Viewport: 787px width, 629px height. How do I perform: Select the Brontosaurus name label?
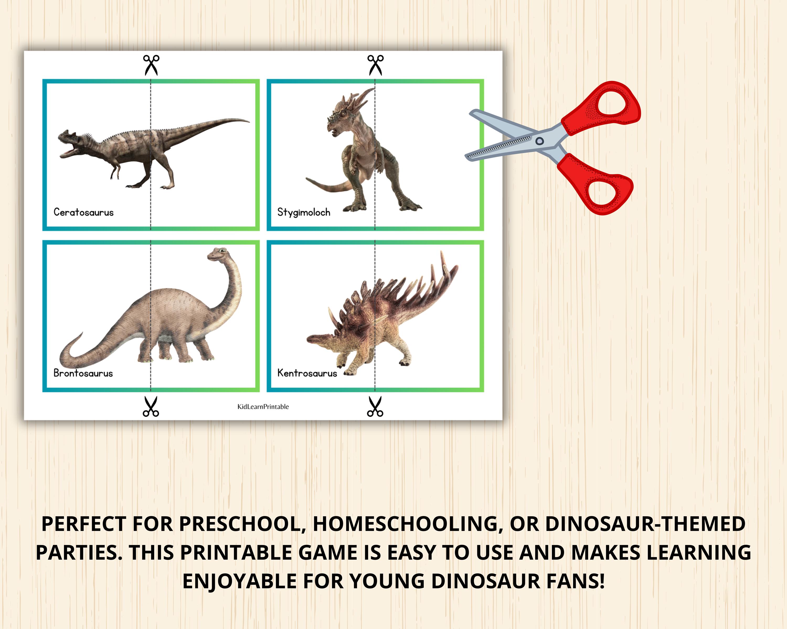[x=83, y=373]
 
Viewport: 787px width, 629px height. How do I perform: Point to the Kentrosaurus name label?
[x=307, y=373]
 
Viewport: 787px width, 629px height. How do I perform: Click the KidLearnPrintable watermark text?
[x=263, y=406]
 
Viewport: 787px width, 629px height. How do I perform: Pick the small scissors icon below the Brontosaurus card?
[x=151, y=406]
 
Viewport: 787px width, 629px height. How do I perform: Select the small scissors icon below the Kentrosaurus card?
[x=375, y=406]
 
